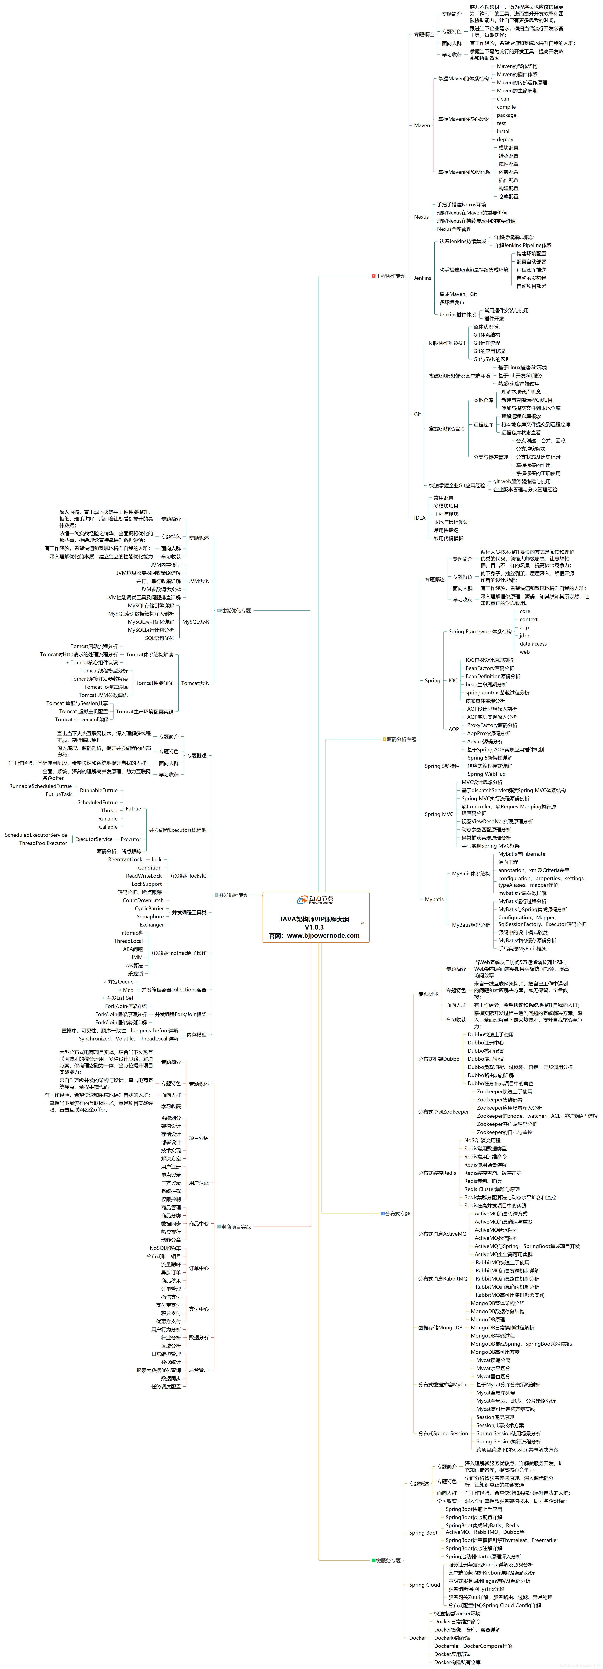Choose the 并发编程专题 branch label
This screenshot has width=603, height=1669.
[x=233, y=895]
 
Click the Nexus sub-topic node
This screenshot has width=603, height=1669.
[x=422, y=217]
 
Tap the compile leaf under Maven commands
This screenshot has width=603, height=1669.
[x=506, y=107]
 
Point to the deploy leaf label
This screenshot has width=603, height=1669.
[x=505, y=139]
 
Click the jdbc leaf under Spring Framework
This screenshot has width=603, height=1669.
[x=525, y=636]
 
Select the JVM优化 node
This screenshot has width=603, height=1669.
[x=198, y=581]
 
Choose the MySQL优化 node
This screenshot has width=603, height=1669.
[x=195, y=622]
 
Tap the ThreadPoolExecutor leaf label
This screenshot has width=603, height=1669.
[x=43, y=843]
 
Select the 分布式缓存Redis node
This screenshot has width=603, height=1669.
[x=437, y=1173]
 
